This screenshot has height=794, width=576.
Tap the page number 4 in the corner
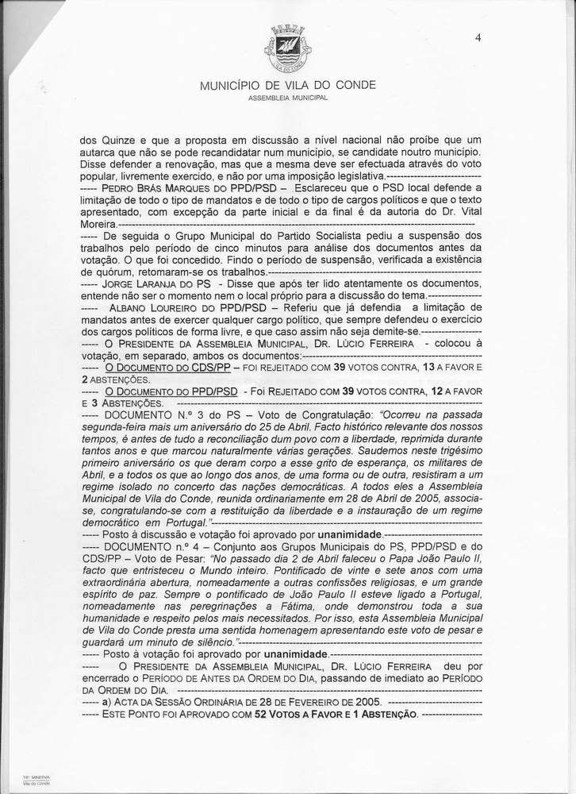pyautogui.click(x=478, y=37)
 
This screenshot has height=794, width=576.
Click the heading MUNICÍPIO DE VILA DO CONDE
pyautogui.click(x=288, y=85)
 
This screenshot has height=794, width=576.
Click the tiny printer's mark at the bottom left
pyautogui.click(x=36, y=779)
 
